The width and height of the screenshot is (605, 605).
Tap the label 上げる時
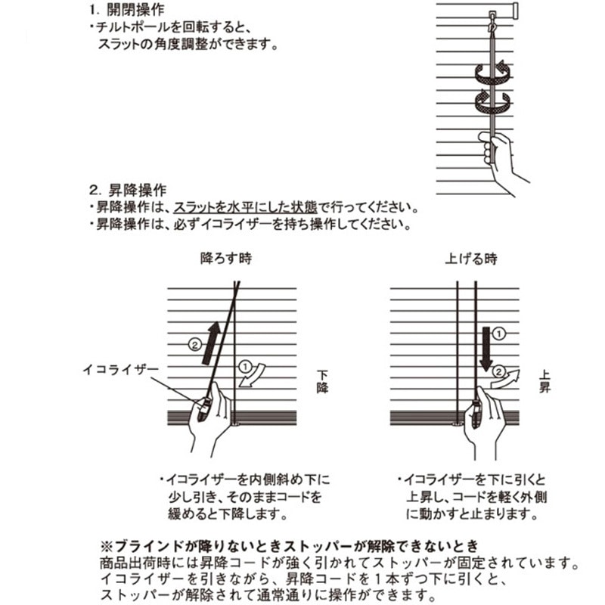(x=470, y=259)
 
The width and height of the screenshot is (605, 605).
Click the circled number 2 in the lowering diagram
(x=194, y=344)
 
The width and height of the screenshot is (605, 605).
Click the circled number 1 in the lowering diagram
(x=244, y=366)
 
